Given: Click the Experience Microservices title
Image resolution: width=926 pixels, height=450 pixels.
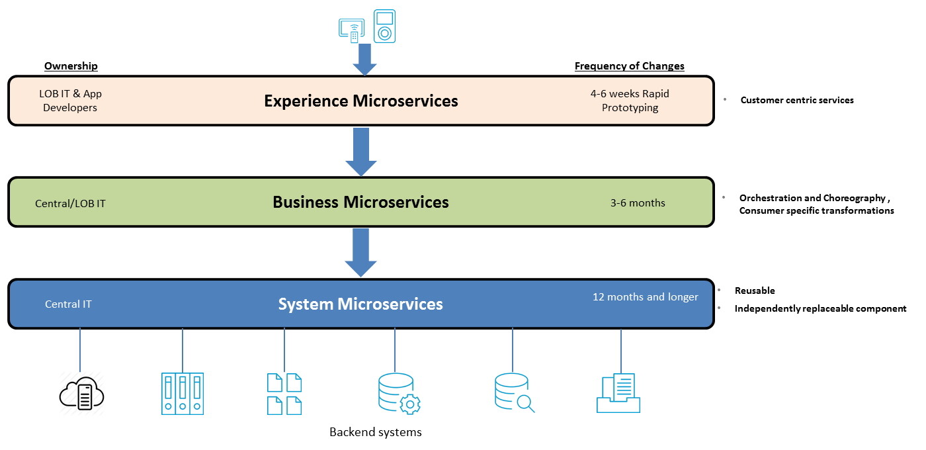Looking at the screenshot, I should coord(360,101).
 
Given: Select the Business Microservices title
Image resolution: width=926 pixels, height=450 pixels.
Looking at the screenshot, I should coord(360,202).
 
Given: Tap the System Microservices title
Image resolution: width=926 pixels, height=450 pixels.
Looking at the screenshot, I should coord(360,304).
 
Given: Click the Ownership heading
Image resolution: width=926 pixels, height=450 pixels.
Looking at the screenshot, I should coord(71,66).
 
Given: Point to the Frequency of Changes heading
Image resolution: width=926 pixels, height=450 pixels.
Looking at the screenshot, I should coord(629,66).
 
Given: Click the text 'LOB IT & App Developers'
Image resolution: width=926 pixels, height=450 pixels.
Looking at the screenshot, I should coord(70,101).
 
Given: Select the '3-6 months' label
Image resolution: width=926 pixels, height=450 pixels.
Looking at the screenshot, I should coord(638,203).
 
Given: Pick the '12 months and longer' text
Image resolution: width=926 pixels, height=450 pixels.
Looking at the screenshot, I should coord(645,297).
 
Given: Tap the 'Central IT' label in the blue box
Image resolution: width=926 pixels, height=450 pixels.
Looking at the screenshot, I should coord(68,304).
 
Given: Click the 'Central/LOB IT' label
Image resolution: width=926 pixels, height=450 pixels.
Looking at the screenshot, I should coord(70,204).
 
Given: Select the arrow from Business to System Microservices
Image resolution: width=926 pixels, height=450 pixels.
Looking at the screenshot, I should coord(361,252).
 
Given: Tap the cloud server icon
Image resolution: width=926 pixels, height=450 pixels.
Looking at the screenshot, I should coord(82,395).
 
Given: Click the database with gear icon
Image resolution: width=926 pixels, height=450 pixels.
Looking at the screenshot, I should coord(399,394).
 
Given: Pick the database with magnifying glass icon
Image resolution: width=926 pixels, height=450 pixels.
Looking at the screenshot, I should coord(514,393).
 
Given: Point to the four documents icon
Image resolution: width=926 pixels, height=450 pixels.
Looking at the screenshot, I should coord(284,394).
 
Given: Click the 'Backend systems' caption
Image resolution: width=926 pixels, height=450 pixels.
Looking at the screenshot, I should coord(375,433).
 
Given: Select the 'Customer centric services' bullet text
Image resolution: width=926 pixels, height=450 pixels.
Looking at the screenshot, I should coord(797,101).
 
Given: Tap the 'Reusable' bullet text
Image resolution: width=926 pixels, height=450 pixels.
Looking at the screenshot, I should coord(755,291).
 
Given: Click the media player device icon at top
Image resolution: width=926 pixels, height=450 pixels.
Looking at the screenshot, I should coord(384,26).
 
